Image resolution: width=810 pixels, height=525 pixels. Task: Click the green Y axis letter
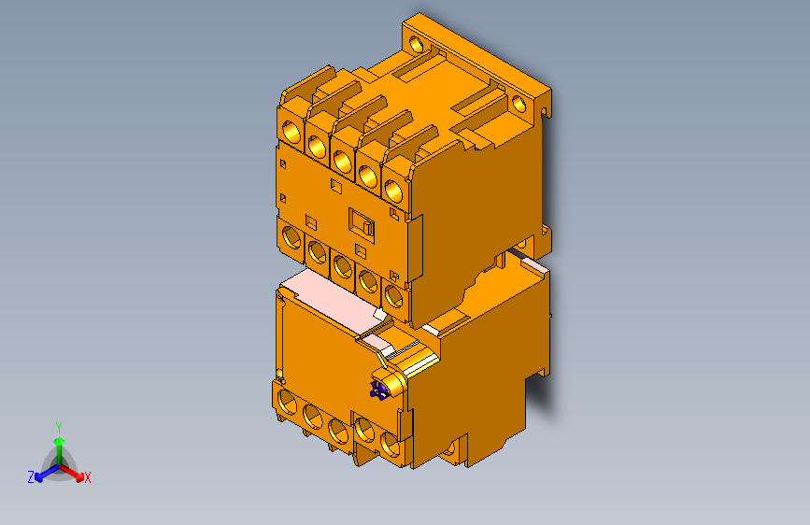[x=58, y=425]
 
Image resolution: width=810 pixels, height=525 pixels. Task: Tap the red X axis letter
[x=88, y=477]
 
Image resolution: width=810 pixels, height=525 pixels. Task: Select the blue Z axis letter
[x=30, y=476]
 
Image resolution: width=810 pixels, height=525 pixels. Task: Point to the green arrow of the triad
[x=58, y=444]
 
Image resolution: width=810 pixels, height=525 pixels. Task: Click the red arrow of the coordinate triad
[x=75, y=472]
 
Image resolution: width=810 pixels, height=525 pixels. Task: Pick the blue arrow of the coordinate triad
[x=42, y=472]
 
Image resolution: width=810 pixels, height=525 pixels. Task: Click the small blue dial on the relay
[x=378, y=390]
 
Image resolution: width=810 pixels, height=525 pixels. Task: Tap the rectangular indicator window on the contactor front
[x=362, y=222]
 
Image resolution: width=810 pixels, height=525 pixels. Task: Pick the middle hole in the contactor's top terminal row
[x=342, y=159]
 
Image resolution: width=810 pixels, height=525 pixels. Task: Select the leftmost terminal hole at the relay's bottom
[x=286, y=405]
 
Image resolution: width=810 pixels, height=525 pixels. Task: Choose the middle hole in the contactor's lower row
[x=342, y=264]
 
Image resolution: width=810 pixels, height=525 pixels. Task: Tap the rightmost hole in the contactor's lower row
[x=394, y=297]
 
